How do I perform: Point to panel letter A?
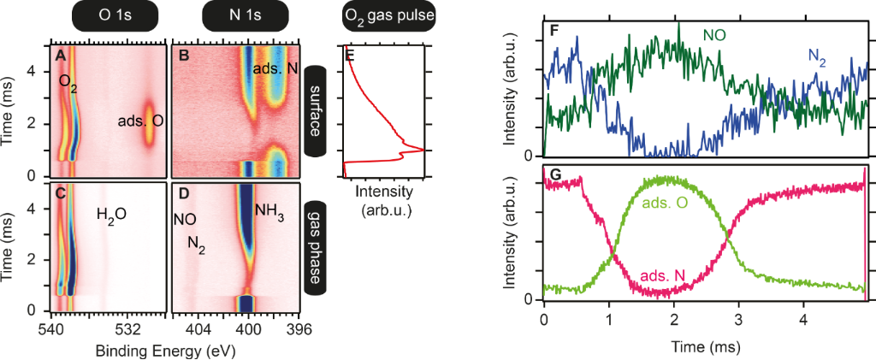[60, 56]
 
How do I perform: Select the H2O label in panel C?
[111, 214]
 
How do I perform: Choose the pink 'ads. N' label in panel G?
[662, 276]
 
